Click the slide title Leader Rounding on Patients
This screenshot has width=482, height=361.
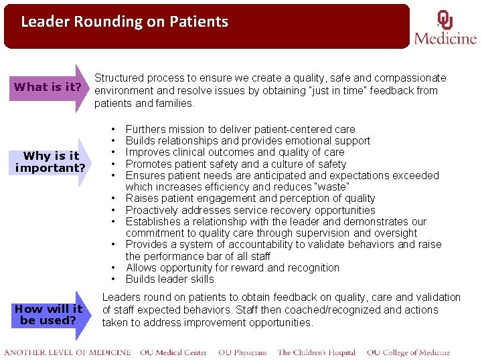(125, 22)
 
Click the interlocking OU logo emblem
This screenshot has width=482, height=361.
(445, 19)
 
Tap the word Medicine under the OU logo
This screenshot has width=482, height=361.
(445, 38)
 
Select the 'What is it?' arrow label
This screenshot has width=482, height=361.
(48, 87)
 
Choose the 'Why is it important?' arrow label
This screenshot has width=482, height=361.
(51, 162)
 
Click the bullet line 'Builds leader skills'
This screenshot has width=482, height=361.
(170, 279)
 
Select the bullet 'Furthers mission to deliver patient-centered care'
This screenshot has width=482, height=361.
(240, 129)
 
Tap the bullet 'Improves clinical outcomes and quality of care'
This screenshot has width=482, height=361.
(235, 152)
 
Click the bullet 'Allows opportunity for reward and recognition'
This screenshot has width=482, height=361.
(232, 268)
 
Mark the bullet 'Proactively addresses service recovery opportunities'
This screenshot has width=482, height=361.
(250, 210)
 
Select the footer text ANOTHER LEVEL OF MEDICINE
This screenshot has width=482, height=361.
(68, 352)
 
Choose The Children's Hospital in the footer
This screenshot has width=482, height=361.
(316, 352)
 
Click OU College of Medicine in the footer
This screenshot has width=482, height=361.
(408, 352)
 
